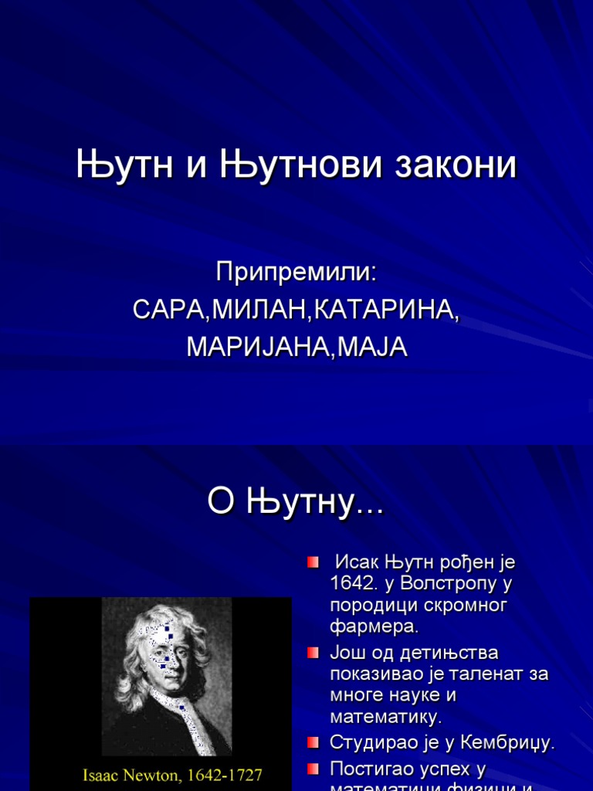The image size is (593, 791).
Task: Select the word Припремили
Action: click(x=296, y=272)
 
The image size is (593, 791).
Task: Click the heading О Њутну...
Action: click(x=295, y=504)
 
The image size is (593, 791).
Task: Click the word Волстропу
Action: click(x=449, y=582)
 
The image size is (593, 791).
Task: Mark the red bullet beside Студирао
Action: click(x=313, y=743)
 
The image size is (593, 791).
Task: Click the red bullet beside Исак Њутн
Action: click(x=313, y=561)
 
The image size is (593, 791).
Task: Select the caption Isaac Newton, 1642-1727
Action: click(x=172, y=774)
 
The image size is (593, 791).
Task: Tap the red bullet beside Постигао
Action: click(x=313, y=769)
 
